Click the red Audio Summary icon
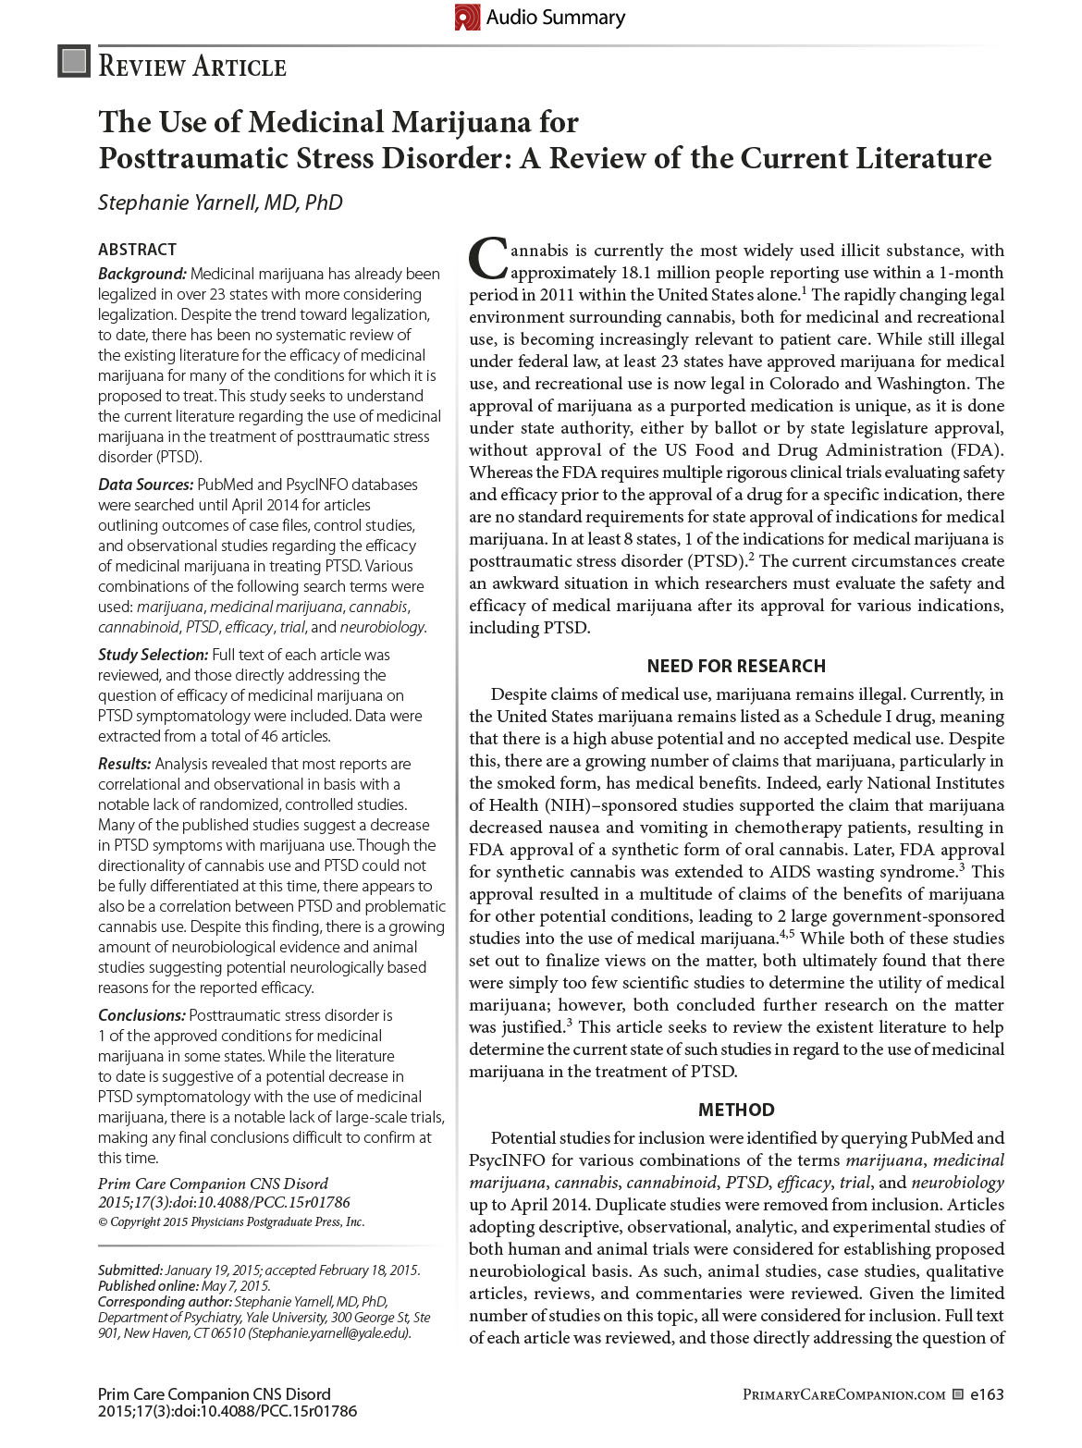point(467,18)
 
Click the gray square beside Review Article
point(74,61)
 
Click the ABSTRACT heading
point(137,250)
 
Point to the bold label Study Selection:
point(153,655)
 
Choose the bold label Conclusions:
point(141,1015)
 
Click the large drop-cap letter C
point(486,260)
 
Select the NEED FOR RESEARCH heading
point(736,666)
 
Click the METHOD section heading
point(736,1110)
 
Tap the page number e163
point(986,1394)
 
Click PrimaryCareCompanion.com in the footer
point(843,1394)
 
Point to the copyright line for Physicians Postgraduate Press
point(231,1221)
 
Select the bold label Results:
point(125,764)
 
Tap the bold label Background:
point(142,274)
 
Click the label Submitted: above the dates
point(130,1270)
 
